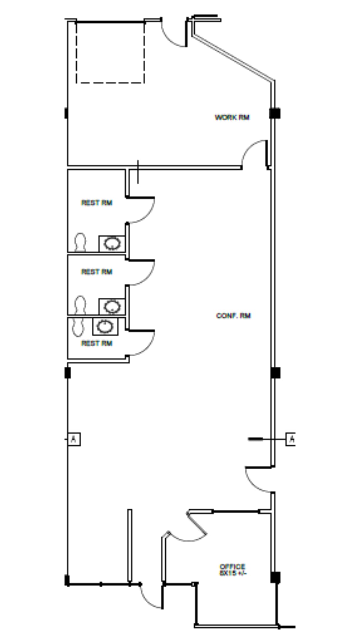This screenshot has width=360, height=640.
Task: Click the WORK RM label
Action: [232, 117]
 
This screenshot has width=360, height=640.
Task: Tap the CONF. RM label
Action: [233, 315]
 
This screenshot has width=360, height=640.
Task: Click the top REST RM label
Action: [97, 203]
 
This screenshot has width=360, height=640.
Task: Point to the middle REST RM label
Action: [97, 272]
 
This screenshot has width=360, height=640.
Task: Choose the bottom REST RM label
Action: [97, 343]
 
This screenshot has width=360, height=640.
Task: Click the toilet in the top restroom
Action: [80, 242]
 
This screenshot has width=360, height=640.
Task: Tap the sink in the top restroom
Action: [112, 244]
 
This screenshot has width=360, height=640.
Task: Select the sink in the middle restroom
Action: [112, 306]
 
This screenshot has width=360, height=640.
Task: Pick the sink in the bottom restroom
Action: [105, 326]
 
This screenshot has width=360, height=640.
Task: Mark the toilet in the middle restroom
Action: [80, 305]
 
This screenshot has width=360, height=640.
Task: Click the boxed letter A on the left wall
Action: [74, 439]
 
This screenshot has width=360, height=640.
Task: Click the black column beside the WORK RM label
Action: [275, 113]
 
